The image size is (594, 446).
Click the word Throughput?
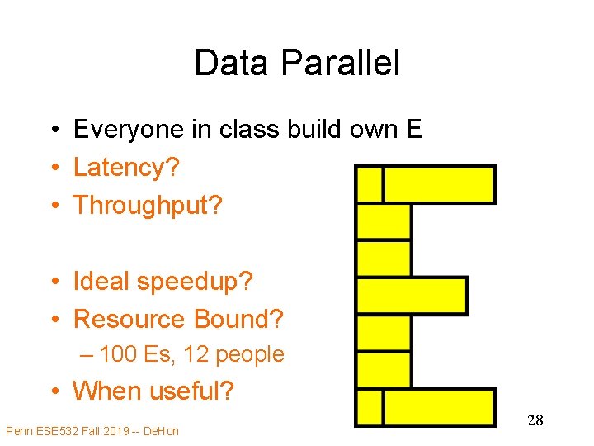click(148, 206)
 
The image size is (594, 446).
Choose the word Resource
click(130, 319)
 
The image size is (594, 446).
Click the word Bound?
click(238, 319)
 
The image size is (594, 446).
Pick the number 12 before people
click(196, 355)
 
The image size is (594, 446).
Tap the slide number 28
click(535, 420)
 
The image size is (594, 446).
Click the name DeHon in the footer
click(161, 431)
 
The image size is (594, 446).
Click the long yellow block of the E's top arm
click(440, 184)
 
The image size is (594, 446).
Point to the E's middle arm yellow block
click(412, 296)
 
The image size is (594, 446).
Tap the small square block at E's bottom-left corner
click(370, 407)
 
